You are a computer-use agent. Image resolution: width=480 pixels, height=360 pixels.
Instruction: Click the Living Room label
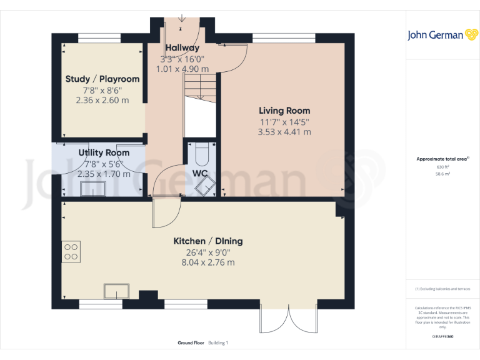284,111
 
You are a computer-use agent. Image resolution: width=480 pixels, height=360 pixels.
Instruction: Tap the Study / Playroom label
102,79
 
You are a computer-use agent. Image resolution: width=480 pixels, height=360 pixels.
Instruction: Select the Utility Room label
104,152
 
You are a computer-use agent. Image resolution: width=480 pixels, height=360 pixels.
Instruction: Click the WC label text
200,173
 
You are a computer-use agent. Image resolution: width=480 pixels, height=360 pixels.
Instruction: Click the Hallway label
182,48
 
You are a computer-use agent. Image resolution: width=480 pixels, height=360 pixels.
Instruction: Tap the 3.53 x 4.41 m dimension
284,132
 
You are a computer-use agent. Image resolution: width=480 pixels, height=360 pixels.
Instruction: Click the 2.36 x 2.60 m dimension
102,100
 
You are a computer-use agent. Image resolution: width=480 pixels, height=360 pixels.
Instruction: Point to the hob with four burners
71,251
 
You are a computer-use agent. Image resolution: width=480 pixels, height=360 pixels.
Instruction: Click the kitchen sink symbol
116,291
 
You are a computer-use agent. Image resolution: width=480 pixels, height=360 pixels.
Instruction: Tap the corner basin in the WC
206,186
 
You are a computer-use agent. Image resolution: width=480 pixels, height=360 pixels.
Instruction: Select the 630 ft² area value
442,167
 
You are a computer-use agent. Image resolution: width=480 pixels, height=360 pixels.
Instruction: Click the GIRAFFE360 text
442,337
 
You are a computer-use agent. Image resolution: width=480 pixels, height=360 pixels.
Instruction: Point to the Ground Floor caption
191,343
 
